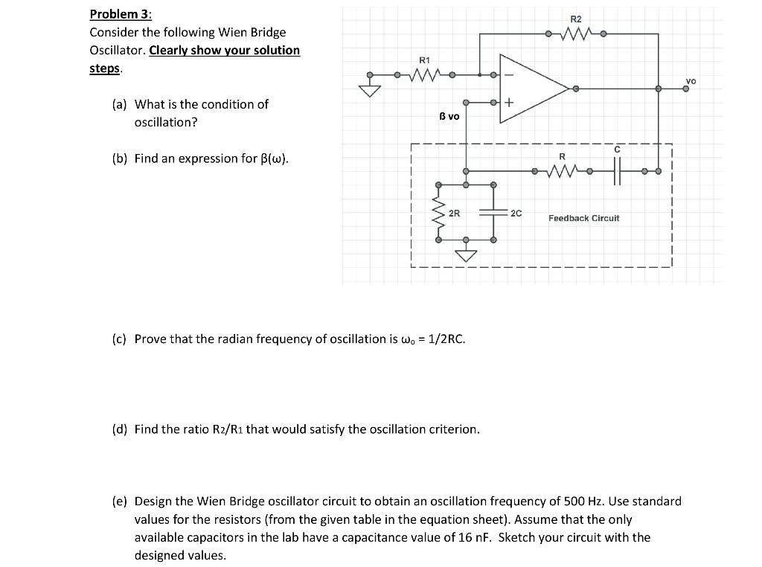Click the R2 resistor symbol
575,33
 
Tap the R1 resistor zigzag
424,74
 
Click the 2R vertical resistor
438,213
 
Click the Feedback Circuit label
583,218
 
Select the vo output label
691,80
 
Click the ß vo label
449,116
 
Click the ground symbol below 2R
466,255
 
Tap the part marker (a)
119,104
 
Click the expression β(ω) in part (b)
271,158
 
